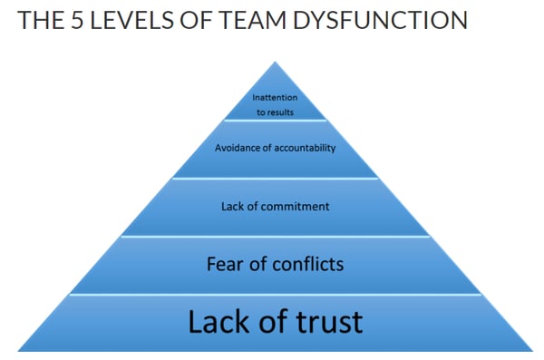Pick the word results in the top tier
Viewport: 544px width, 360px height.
click(281, 112)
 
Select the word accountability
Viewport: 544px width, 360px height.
click(304, 148)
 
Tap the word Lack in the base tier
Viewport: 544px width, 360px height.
click(219, 322)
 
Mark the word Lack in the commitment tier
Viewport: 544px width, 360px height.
click(231, 207)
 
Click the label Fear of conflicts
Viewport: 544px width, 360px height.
click(275, 264)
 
